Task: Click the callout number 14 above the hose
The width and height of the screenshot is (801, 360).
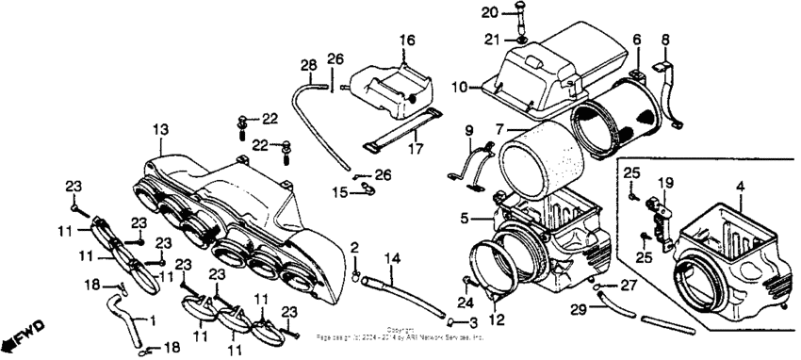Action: (x=392, y=257)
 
